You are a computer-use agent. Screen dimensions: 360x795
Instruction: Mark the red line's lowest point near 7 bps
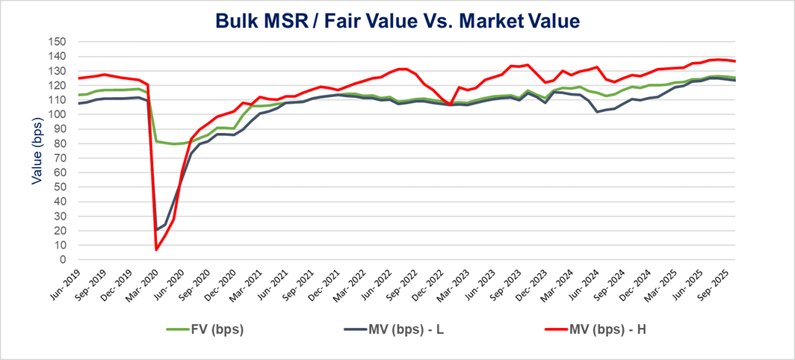(156, 249)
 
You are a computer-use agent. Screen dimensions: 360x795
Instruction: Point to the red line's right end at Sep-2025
(735, 61)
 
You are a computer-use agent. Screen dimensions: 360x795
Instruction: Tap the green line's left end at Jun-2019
(78, 95)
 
